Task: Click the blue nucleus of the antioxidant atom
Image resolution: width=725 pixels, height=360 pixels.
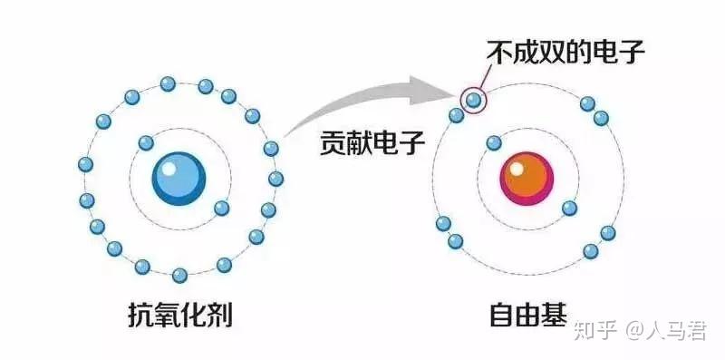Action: (x=179, y=176)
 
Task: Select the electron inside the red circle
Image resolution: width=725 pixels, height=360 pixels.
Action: (x=473, y=99)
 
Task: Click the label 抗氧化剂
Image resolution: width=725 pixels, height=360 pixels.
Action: (x=180, y=315)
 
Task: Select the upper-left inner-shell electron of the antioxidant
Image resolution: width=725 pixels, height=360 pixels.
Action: (x=145, y=142)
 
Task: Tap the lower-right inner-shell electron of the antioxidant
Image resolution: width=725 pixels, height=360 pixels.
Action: (x=221, y=208)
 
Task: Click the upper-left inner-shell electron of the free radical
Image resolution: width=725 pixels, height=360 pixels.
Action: (x=494, y=142)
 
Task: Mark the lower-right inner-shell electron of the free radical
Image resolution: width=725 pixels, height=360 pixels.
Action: (x=569, y=208)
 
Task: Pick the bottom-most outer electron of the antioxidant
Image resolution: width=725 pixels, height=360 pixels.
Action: (x=179, y=275)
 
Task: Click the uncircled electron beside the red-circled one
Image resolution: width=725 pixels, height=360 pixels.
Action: (x=457, y=115)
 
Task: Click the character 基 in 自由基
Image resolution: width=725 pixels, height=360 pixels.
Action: (x=555, y=315)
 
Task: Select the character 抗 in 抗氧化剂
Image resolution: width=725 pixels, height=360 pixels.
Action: (x=141, y=315)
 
